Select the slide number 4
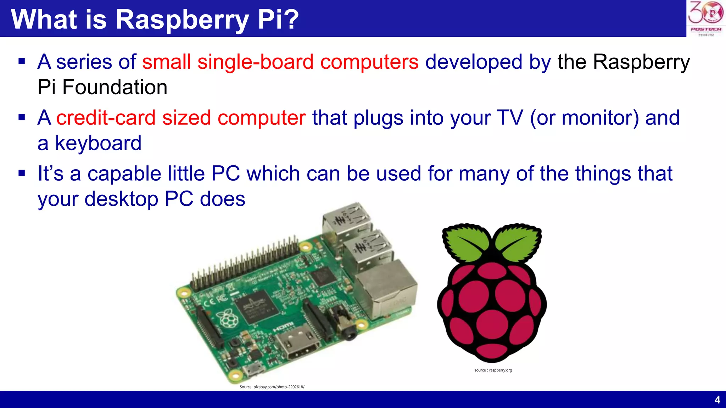click(717, 400)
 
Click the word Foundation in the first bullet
click(115, 87)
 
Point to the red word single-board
click(255, 62)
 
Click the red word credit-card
click(106, 118)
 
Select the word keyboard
click(98, 143)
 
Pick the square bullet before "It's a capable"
click(22, 174)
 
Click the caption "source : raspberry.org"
click(493, 370)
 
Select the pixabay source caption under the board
click(272, 387)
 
